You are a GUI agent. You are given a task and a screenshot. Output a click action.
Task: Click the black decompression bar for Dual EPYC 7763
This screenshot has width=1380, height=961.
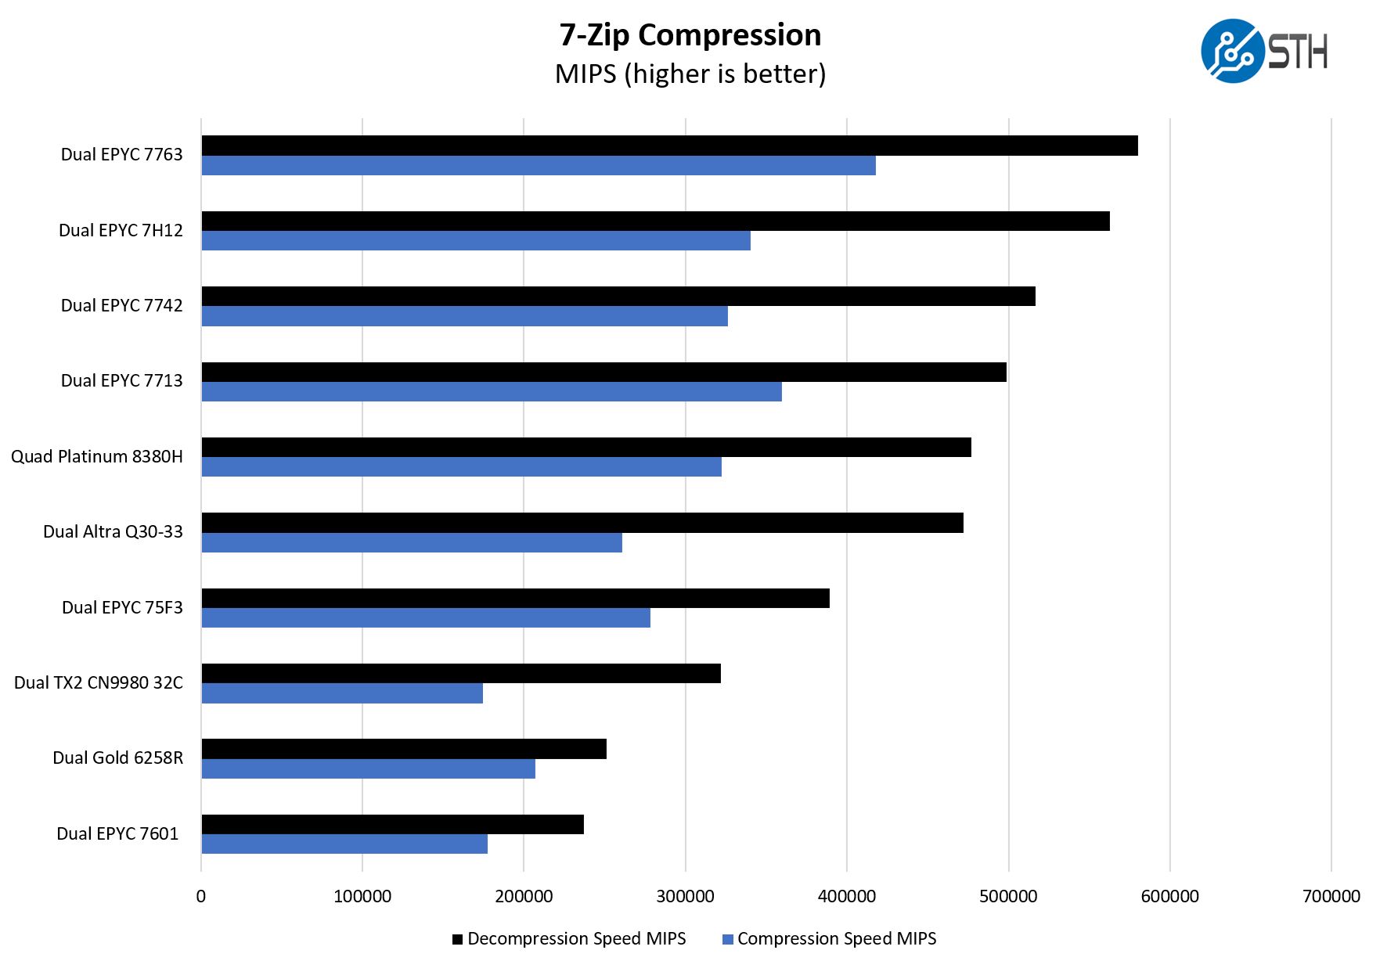point(669,146)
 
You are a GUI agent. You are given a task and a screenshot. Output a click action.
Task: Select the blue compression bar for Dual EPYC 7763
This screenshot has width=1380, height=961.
point(539,165)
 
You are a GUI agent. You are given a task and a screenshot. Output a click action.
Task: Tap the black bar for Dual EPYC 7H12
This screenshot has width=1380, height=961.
point(655,221)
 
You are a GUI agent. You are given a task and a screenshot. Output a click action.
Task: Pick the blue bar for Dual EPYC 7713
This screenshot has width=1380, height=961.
point(492,391)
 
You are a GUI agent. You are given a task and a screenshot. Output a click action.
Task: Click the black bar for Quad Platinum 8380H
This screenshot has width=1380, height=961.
point(586,447)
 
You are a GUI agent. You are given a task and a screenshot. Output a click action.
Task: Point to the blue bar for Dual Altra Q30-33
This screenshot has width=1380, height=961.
point(412,542)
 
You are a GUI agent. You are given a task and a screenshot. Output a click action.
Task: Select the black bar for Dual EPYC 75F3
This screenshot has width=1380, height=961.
point(515,598)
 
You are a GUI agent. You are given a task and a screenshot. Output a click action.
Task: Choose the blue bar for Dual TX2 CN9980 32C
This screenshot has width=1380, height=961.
point(342,693)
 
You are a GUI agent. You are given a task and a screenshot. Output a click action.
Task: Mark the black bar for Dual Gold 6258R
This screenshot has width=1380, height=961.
point(404,749)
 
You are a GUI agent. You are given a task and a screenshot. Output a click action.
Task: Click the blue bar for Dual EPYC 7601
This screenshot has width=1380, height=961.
point(344,844)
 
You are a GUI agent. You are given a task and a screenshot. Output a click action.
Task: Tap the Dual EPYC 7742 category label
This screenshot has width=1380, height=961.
point(121,305)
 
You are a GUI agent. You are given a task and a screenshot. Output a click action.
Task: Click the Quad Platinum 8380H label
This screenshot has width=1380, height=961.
point(96,456)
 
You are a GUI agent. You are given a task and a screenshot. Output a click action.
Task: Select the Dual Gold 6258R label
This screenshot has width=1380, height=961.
point(117,758)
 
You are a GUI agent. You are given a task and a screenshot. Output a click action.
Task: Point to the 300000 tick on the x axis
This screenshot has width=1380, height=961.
point(685,896)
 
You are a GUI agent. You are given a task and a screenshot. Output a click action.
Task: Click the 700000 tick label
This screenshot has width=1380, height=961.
point(1331,896)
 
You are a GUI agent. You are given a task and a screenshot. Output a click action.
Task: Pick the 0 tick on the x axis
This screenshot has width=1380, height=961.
point(201,896)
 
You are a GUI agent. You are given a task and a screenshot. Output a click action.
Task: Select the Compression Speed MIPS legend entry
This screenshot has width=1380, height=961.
point(829,938)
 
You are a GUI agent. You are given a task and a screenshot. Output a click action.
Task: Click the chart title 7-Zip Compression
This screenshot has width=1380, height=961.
point(690,35)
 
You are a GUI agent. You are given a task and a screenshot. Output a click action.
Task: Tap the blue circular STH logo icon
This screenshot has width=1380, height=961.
point(1232,51)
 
